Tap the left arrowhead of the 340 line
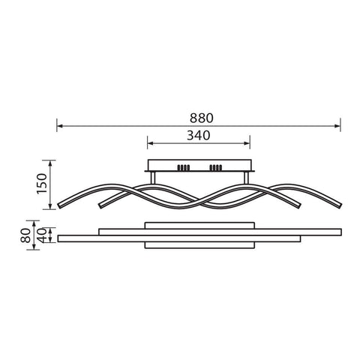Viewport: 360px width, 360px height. (149, 143)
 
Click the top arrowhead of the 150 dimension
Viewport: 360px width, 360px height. (51, 163)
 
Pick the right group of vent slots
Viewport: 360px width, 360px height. (217, 166)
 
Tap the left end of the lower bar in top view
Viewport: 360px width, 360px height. (60, 238)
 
